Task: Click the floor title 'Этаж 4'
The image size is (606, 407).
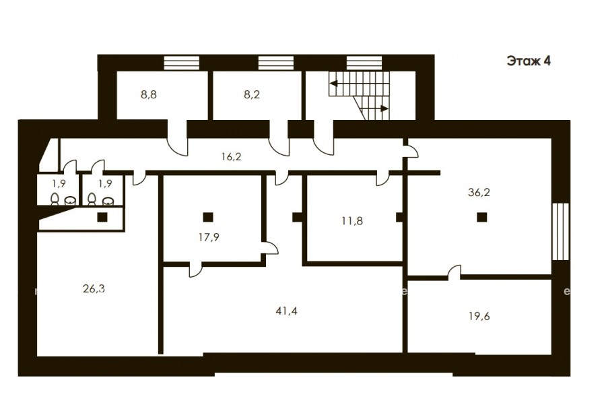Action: pyautogui.click(x=529, y=61)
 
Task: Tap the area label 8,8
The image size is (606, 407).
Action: pyautogui.click(x=149, y=94)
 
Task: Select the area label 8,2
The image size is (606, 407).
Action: pyautogui.click(x=252, y=94)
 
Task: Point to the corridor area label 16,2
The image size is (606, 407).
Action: pyautogui.click(x=232, y=157)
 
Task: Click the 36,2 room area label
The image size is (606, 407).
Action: pyautogui.click(x=479, y=192)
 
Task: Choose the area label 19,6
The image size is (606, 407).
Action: pyautogui.click(x=479, y=317)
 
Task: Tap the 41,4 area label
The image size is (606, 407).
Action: pyautogui.click(x=286, y=311)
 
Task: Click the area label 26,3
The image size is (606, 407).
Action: pyautogui.click(x=94, y=288)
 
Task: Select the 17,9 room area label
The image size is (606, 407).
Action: pyautogui.click(x=209, y=237)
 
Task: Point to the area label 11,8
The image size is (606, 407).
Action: pyautogui.click(x=352, y=221)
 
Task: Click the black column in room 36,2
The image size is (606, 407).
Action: pyautogui.click(x=481, y=217)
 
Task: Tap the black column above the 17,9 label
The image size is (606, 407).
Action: pyautogui.click(x=208, y=217)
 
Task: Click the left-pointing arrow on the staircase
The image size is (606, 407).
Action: pyautogui.click(x=333, y=83)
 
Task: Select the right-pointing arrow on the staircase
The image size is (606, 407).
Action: pyautogui.click(x=384, y=108)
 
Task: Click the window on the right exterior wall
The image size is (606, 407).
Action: pyautogui.click(x=560, y=231)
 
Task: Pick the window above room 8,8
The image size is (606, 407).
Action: pyautogui.click(x=182, y=63)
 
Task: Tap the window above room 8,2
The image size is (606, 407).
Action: pyautogui.click(x=276, y=63)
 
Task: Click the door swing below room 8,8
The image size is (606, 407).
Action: pyautogui.click(x=177, y=142)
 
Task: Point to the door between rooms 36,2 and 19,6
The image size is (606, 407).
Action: pyautogui.click(x=454, y=272)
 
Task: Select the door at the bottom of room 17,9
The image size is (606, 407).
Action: pyautogui.click(x=195, y=270)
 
